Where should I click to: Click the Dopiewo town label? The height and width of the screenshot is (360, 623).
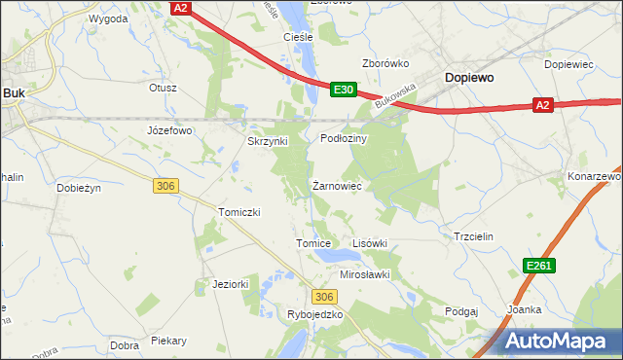469,76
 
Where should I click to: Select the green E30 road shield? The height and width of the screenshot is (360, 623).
343,89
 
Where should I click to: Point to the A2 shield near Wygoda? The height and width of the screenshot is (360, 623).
179,7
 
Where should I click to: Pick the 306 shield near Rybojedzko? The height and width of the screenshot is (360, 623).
325,296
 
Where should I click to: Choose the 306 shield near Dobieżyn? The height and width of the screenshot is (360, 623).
164,185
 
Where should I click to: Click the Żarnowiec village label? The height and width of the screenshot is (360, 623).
337,184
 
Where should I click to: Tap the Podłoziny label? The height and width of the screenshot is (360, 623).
344,139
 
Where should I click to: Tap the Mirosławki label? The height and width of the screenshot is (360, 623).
364,274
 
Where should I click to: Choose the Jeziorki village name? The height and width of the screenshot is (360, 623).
232,284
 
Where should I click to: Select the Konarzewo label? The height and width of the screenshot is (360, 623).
595,176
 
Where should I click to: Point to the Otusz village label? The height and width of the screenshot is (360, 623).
163,87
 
